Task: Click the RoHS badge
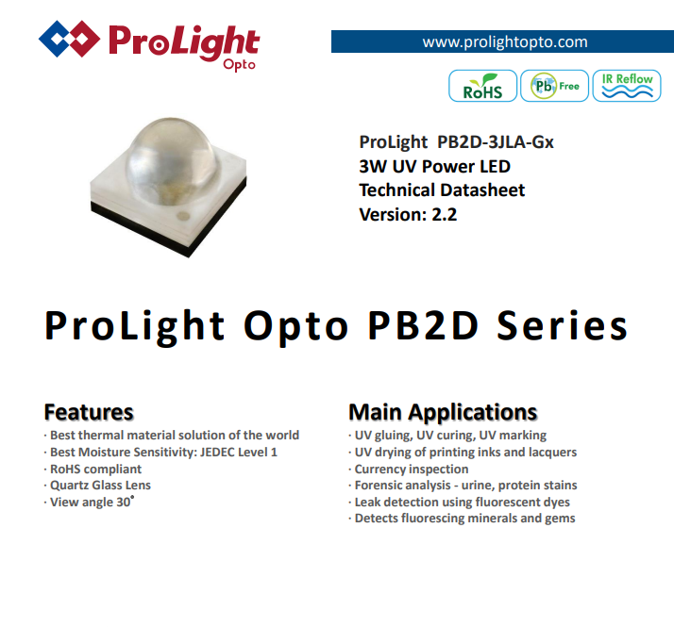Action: tap(482, 86)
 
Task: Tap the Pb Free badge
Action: tap(554, 86)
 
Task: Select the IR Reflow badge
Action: tap(627, 86)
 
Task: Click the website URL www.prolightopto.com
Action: tap(505, 42)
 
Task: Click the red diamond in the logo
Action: tap(82, 39)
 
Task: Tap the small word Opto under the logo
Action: tap(239, 65)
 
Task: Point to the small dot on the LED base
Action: tap(183, 216)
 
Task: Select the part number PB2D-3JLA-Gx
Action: tap(496, 142)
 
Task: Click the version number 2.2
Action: tap(444, 214)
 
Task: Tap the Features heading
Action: tap(89, 412)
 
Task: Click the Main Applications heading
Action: tap(443, 413)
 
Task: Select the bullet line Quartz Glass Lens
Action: tap(100, 486)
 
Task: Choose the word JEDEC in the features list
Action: tap(216, 453)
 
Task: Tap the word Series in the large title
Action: tap(563, 326)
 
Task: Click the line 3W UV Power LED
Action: tap(434, 166)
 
